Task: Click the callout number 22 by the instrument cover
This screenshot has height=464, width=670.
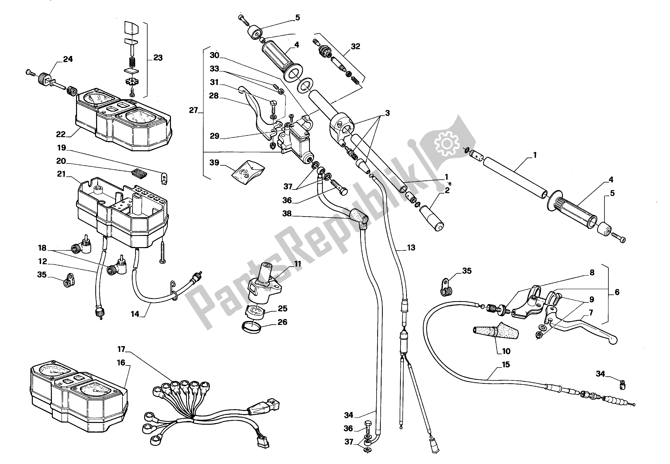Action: point(61,134)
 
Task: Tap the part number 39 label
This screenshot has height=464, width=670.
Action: point(214,162)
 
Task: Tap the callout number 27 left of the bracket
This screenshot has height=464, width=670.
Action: point(193,110)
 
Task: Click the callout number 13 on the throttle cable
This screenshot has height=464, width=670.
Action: point(411,248)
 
